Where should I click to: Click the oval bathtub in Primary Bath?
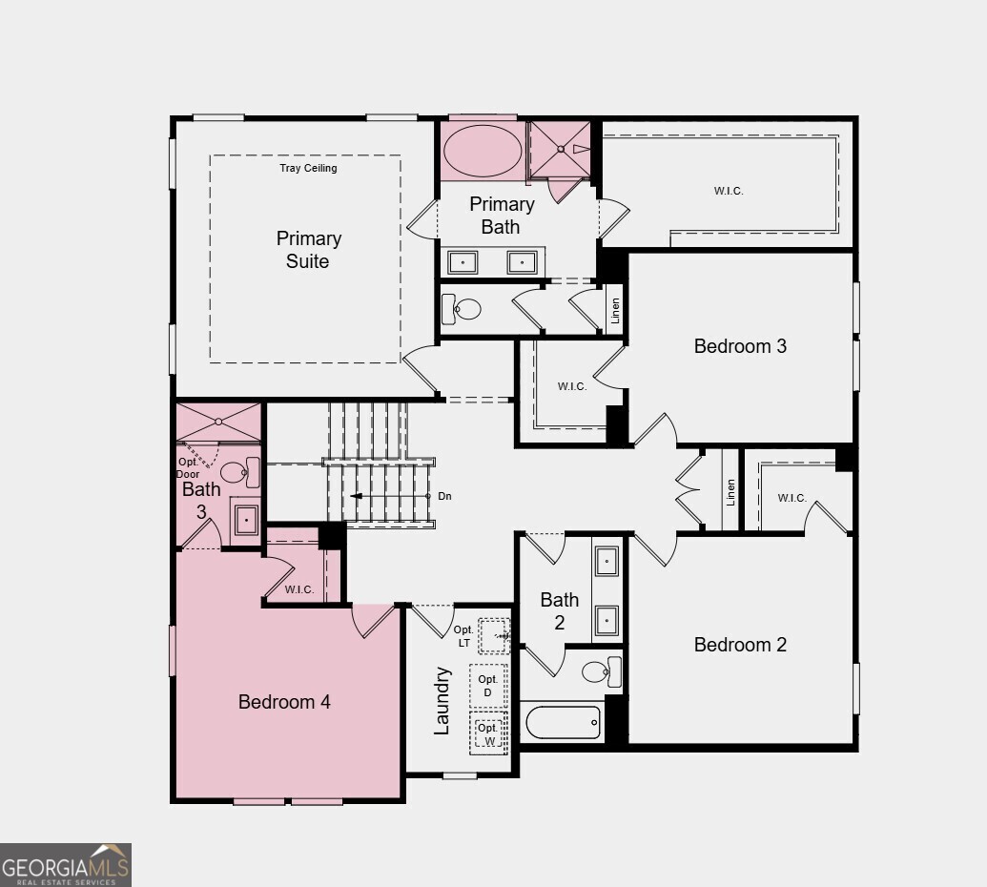click(x=483, y=150)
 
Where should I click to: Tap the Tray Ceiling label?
click(x=308, y=168)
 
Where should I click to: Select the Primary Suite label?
click(x=308, y=250)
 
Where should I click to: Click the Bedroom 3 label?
click(x=740, y=346)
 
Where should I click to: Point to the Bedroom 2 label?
click(x=740, y=645)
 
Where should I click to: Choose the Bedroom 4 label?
click(x=284, y=702)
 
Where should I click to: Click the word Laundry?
click(x=442, y=700)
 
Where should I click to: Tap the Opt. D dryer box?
click(x=488, y=685)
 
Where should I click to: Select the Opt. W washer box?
click(x=488, y=733)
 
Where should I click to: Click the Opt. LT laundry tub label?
click(x=463, y=636)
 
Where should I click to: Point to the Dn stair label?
click(x=444, y=496)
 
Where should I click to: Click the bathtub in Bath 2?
click(x=563, y=722)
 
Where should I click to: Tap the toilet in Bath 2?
click(x=601, y=672)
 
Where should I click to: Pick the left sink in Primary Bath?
click(x=463, y=261)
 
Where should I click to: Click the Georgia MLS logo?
click(x=65, y=864)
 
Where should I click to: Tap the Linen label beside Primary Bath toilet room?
click(x=615, y=310)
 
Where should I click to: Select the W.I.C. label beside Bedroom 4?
click(x=299, y=589)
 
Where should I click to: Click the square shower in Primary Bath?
click(x=560, y=149)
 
